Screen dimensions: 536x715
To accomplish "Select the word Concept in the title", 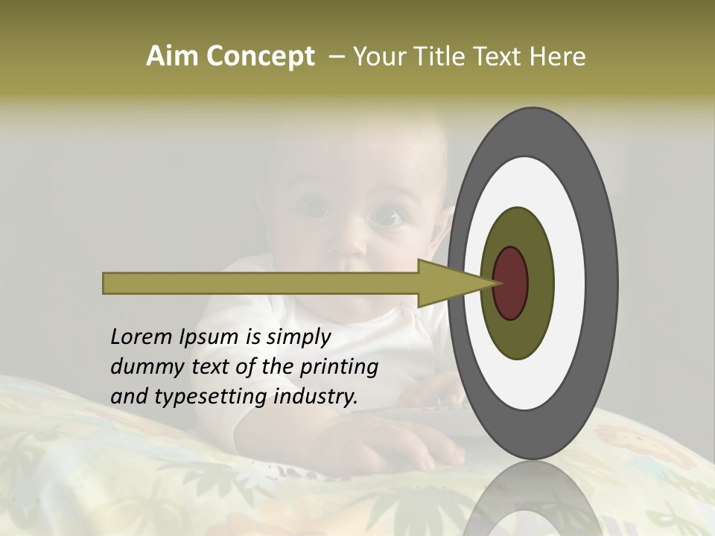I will (x=261, y=57).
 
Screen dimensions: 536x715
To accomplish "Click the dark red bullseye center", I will (x=512, y=283).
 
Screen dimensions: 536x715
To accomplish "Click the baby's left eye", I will (x=387, y=217).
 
